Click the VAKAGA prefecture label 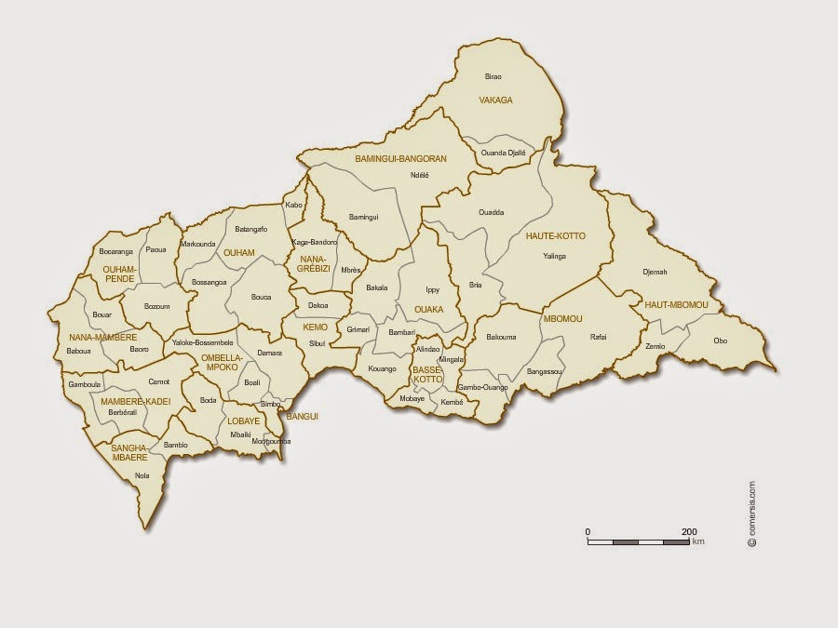[495, 100]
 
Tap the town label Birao [493, 76]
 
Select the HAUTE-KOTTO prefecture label [556, 236]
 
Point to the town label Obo [721, 341]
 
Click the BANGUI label [304, 416]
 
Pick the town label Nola [142, 475]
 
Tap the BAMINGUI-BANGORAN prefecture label [400, 159]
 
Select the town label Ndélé [419, 175]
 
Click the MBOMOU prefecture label [561, 318]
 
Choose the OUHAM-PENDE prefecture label [119, 273]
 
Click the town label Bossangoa [209, 282]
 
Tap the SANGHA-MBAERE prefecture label [130, 453]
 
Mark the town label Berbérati [123, 411]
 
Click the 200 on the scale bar [689, 531]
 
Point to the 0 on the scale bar [588, 531]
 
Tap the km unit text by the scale [698, 541]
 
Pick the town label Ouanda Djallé [503, 153]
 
